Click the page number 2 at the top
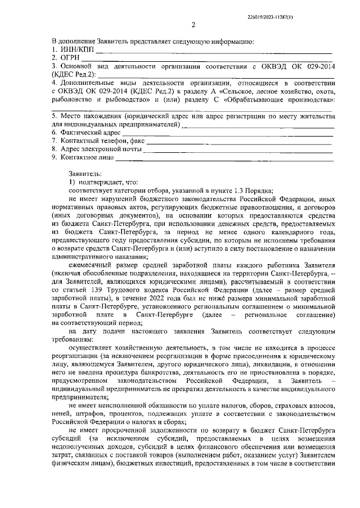[x=193, y=25]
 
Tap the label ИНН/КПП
[x=76, y=49]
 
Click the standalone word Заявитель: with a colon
[x=85, y=174]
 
